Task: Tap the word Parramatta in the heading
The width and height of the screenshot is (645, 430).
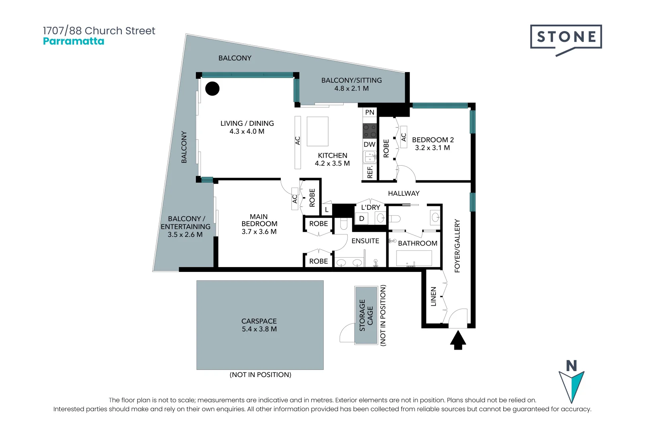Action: point(74,41)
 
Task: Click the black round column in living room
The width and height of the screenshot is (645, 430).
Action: point(212,88)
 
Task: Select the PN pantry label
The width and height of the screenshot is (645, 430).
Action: point(369,112)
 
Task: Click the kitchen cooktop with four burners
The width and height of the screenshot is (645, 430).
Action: point(369,131)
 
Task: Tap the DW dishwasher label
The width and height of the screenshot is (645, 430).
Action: point(369,145)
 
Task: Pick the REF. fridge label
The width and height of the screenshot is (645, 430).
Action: point(370,172)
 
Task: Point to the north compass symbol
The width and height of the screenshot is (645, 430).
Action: point(571,382)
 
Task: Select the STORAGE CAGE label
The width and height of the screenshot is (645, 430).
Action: point(366,315)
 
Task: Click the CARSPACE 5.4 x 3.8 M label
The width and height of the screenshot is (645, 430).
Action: point(259,325)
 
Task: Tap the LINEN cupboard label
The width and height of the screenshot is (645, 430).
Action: point(434,297)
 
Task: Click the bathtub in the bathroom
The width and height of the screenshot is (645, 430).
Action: point(414,258)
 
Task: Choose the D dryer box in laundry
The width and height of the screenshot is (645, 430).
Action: point(362,219)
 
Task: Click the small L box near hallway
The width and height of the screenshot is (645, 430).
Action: point(326,209)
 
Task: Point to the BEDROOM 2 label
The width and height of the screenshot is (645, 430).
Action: point(433,144)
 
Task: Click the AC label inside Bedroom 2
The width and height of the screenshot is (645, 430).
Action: point(403,137)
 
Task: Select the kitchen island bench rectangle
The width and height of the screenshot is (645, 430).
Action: point(317,131)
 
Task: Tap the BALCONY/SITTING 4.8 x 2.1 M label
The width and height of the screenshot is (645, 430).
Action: point(352,84)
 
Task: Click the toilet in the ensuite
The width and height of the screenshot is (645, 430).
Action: point(344,224)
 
